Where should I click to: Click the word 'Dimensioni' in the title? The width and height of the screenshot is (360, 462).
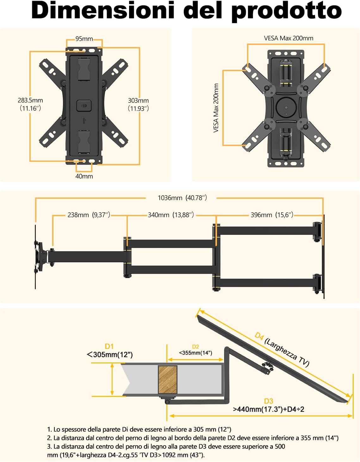pyautogui.click(x=102, y=10)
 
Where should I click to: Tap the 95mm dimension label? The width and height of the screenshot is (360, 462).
pyautogui.click(x=84, y=39)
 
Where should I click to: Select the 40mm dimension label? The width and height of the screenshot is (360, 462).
pyautogui.click(x=84, y=176)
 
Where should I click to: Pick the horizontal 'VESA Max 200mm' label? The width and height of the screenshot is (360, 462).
pyautogui.click(x=289, y=38)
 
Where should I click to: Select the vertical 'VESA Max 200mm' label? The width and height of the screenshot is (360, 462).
pyautogui.click(x=216, y=108)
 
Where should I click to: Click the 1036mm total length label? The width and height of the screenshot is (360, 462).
pyautogui.click(x=182, y=198)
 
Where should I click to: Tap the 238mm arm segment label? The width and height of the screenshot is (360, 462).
pyautogui.click(x=89, y=215)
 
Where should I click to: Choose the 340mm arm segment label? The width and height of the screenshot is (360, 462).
pyautogui.click(x=171, y=215)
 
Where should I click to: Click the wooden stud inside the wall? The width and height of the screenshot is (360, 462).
pyautogui.click(x=167, y=380)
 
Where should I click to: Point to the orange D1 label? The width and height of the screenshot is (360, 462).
pyautogui.click(x=109, y=346)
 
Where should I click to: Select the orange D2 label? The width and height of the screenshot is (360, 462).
pyautogui.click(x=196, y=347)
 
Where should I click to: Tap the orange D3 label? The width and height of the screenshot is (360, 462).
pyautogui.click(x=269, y=401)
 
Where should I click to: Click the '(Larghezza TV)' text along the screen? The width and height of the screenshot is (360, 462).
pyautogui.click(x=287, y=352)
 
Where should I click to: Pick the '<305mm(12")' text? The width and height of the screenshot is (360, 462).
pyautogui.click(x=110, y=355)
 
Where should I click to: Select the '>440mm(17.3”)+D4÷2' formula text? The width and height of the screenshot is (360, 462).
pyautogui.click(x=269, y=409)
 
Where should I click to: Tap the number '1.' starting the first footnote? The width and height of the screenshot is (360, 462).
pyautogui.click(x=49, y=429)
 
